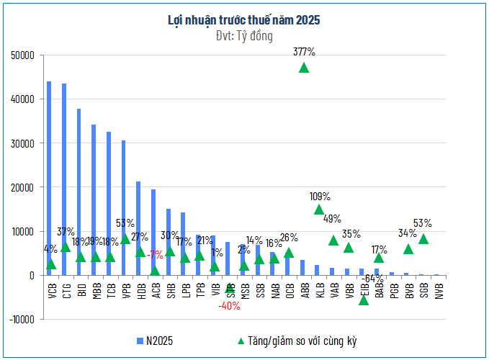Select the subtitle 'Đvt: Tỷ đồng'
click(x=244, y=35)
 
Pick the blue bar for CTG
click(x=64, y=179)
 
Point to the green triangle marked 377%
click(x=304, y=68)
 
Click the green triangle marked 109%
click(x=319, y=210)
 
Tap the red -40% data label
click(x=230, y=305)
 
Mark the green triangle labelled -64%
click(x=364, y=300)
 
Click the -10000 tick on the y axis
click(x=22, y=320)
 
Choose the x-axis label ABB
click(x=304, y=291)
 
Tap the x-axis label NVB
click(x=439, y=291)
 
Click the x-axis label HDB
click(x=140, y=291)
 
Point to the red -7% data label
click(x=155, y=254)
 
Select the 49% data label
click(x=332, y=219)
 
